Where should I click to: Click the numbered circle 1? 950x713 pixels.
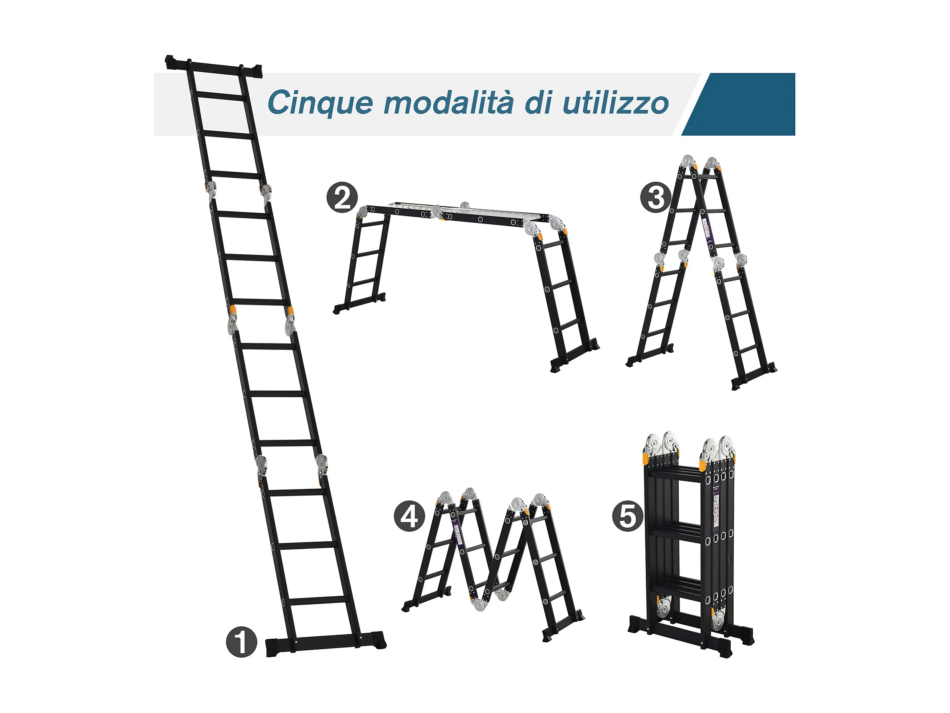click(241, 642)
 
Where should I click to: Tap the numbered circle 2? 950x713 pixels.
click(342, 198)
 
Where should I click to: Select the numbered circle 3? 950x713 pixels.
click(655, 198)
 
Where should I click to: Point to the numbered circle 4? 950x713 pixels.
click(409, 516)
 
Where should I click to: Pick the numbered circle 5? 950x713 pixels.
click(628, 516)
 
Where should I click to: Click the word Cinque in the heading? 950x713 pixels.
click(320, 103)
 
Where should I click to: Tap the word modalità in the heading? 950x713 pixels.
click(449, 103)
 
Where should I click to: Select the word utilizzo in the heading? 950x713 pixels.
click(615, 103)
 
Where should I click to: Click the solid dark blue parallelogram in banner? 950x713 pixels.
click(739, 104)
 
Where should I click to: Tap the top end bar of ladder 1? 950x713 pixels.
click(213, 66)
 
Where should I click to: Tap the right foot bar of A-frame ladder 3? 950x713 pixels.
click(754, 376)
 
